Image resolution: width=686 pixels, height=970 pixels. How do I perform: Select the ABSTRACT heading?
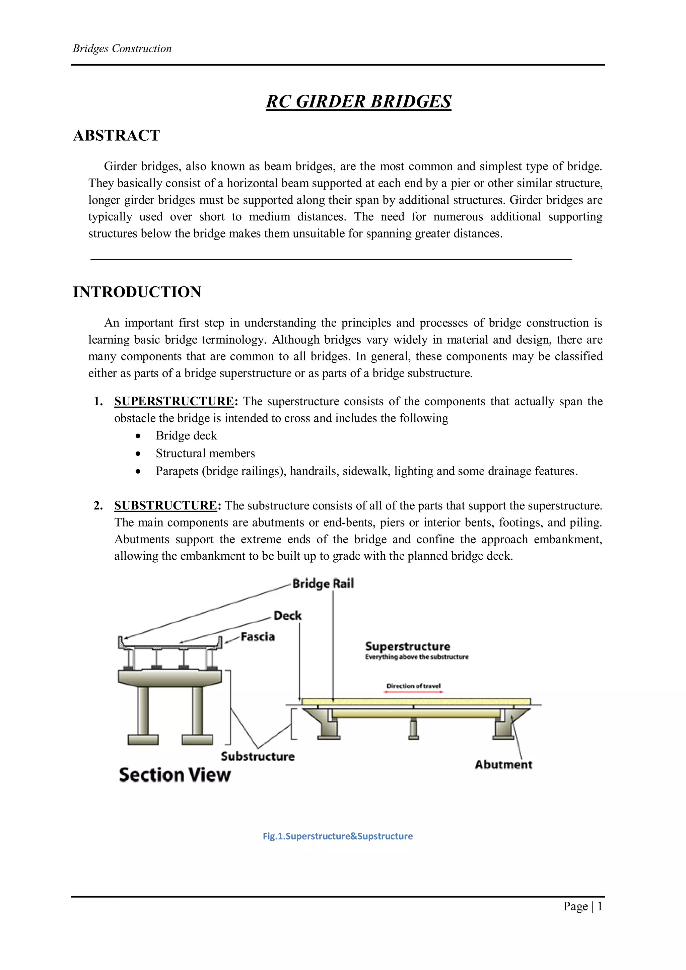117,136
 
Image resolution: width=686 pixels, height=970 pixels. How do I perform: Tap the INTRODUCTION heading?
137,292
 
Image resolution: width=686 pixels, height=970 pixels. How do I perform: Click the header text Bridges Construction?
122,49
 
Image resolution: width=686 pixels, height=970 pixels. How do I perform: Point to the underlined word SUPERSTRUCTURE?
174,401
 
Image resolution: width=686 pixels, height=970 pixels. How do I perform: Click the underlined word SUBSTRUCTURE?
165,506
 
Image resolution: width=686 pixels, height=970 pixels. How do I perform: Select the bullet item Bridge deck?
186,435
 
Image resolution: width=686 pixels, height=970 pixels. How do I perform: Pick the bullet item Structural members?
205,453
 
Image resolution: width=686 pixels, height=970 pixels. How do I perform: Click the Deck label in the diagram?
287,616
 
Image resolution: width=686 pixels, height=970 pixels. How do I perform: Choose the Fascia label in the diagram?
258,637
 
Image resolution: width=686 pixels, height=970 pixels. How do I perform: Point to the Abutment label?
503,764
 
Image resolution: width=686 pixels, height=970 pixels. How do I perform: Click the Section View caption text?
175,775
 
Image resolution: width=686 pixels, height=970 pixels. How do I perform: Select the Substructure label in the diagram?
258,756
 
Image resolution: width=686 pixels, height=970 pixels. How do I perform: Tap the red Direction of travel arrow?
414,692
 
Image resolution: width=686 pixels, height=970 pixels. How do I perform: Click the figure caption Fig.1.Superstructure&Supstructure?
338,836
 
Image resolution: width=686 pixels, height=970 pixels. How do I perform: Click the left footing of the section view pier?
143,739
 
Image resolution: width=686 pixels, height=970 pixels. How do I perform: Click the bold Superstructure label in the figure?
408,646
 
